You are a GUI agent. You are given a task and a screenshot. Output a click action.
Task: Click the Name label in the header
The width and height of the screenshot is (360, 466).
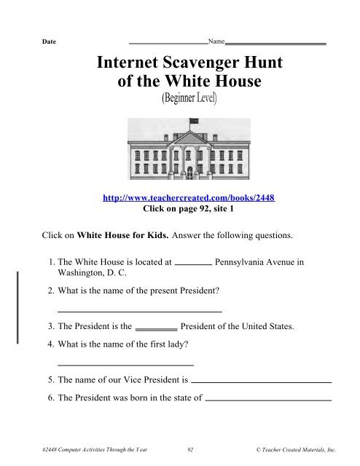click(x=216, y=42)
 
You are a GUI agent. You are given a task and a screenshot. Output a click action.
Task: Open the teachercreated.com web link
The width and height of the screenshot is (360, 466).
click(x=191, y=197)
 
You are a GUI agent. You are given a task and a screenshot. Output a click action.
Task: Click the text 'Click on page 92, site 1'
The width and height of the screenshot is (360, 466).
click(x=191, y=208)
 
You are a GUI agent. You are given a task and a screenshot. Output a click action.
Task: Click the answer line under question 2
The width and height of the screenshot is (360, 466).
click(x=138, y=312)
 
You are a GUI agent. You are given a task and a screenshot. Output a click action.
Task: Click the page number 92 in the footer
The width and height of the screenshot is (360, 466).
click(x=190, y=451)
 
